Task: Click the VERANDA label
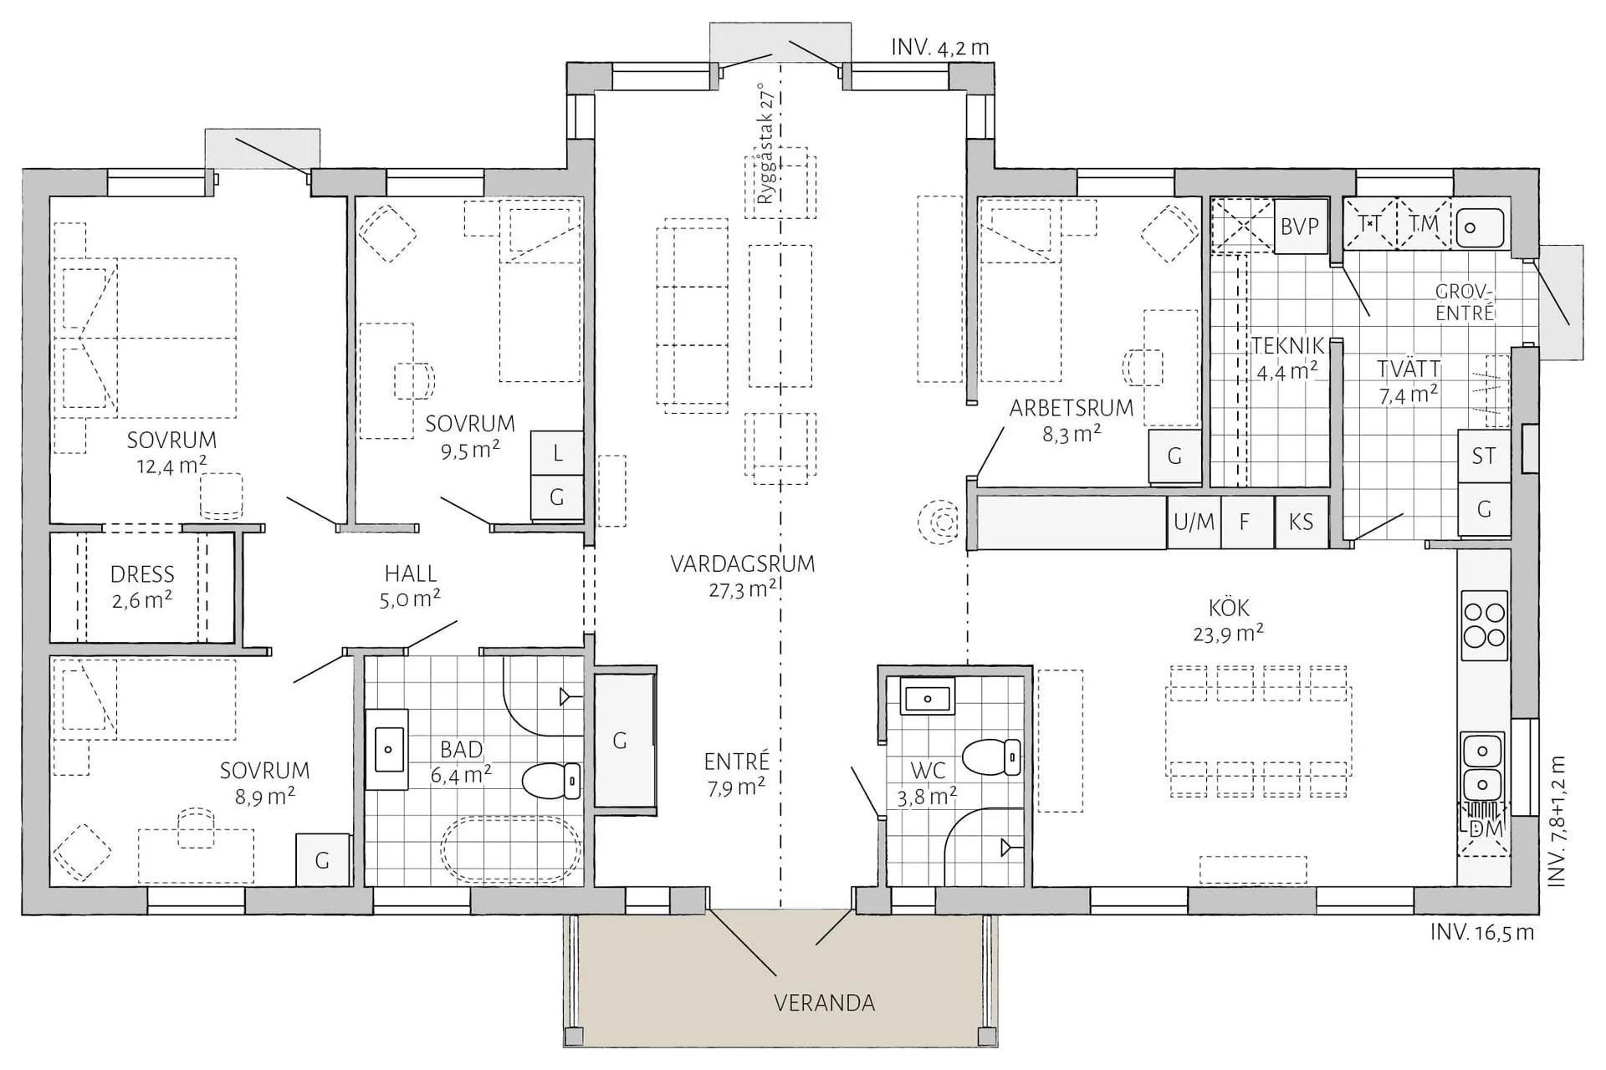[x=824, y=1002]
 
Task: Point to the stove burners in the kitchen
[x=1484, y=624]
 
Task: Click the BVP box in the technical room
[x=1300, y=226]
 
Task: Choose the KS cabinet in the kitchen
[x=1302, y=522]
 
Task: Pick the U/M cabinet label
[x=1194, y=522]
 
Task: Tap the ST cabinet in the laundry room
[x=1484, y=456]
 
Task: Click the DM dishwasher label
[x=1486, y=829]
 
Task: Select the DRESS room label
[x=142, y=574]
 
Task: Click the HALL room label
[x=410, y=573]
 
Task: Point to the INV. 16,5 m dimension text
[x=1482, y=932]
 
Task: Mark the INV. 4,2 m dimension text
[x=940, y=48]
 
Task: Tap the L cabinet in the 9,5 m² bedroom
[x=557, y=453]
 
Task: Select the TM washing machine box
[x=1424, y=223]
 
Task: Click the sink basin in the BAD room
[x=388, y=749]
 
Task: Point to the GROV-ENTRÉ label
[x=1465, y=303]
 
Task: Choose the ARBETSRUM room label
[x=1072, y=408]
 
